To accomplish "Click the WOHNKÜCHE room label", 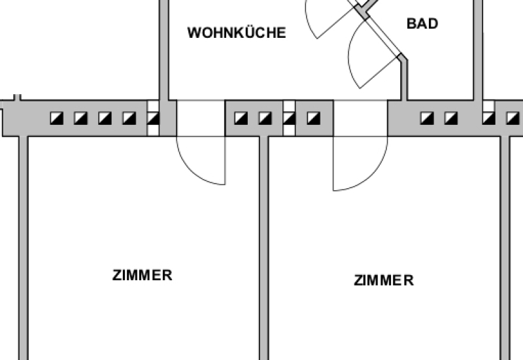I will coord(237,33).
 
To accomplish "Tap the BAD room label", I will coord(422,24).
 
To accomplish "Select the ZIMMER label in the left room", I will coord(143,275).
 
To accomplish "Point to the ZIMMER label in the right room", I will coord(384,280).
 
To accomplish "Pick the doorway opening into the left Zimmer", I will coord(201,118).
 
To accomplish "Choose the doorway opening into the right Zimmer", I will coord(360,118).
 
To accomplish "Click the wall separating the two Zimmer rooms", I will coord(264,248).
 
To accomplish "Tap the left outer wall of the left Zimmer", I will coord(23,248).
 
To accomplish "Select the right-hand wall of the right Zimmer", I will coord(505,248).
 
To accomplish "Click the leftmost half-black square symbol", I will coord(57,118).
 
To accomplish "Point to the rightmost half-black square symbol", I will coord(512,118).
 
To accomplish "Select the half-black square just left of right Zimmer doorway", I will coord(314,118).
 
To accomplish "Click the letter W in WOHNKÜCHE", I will coord(194,33).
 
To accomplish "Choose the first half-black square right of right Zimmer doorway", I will coord(427,118).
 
